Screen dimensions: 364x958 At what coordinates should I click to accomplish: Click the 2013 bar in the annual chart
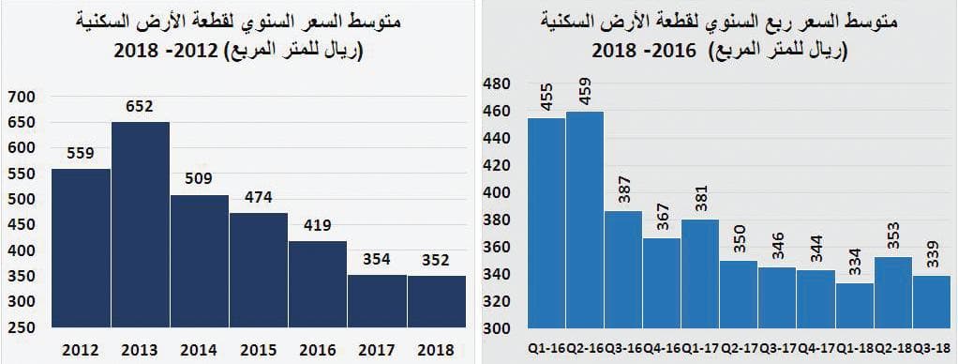click(141, 225)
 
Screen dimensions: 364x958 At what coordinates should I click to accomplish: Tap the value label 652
click(141, 107)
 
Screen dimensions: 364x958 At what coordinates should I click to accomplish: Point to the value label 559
click(82, 153)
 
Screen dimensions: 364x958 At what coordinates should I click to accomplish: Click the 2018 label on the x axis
click(436, 350)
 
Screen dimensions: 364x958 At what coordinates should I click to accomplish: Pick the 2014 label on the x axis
click(200, 350)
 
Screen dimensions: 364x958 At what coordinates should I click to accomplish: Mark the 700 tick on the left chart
click(21, 96)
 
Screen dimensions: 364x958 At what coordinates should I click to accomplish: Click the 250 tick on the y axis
click(21, 327)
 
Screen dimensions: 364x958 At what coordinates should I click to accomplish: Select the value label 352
click(436, 260)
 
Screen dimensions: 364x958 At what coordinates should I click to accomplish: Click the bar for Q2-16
click(585, 220)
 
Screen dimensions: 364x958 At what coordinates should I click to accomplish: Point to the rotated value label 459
click(585, 95)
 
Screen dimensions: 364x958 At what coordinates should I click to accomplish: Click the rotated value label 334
click(855, 265)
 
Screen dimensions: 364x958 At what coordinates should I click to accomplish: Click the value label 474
click(259, 198)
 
